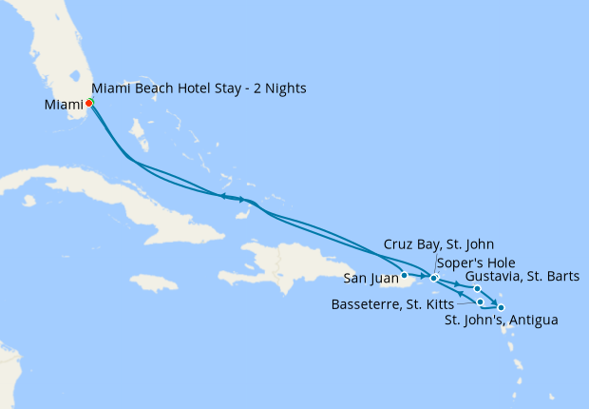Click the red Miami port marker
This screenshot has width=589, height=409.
(88, 103)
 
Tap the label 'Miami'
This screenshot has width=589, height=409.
(63, 105)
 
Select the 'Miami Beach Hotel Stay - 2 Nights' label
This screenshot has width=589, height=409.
(199, 88)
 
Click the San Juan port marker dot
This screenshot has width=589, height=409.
(405, 277)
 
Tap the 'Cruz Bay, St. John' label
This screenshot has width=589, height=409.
(438, 244)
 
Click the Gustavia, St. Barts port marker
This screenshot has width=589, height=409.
(478, 289)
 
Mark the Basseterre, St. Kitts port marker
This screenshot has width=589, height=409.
(481, 302)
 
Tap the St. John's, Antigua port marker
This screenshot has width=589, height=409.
(501, 307)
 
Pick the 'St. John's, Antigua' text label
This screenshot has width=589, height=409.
(501, 321)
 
